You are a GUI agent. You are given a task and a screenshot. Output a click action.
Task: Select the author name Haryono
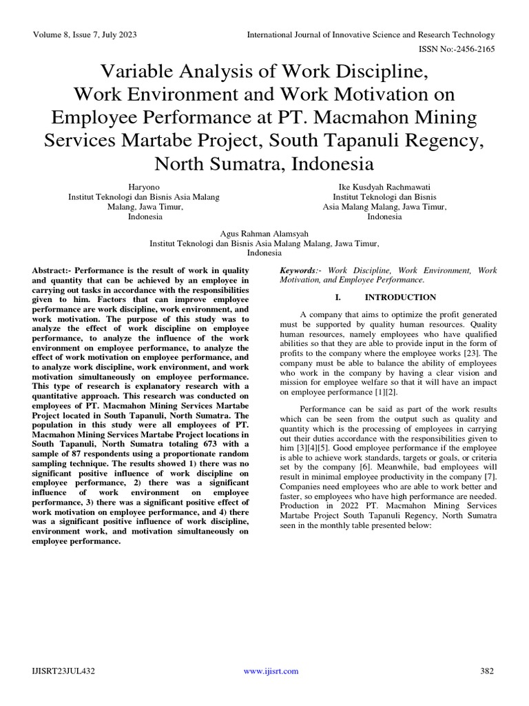144,187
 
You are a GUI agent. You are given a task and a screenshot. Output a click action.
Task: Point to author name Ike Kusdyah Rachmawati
384,187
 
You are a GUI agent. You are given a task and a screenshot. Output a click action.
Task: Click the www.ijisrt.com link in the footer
271,671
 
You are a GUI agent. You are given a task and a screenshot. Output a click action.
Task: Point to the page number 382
487,671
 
